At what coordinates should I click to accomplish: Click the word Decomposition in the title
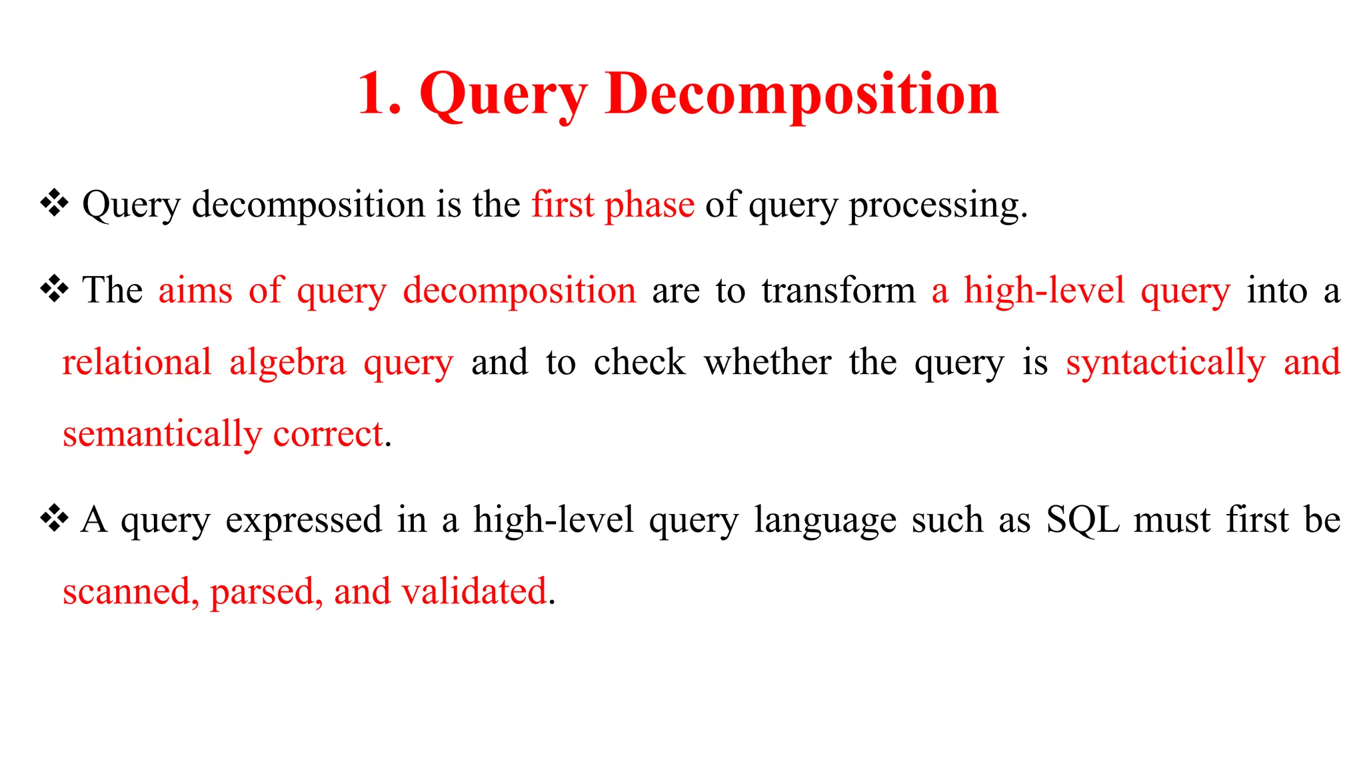[802, 94]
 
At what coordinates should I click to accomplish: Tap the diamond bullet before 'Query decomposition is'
[55, 203]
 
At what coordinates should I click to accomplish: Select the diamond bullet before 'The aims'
[55, 289]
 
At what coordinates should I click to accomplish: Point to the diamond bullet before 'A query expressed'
[55, 519]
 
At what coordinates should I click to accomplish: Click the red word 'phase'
[649, 205]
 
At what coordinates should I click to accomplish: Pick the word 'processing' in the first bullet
[933, 205]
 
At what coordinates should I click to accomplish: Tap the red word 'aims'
[195, 291]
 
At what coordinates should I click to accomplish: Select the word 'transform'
[838, 291]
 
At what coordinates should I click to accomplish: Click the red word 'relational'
[137, 363]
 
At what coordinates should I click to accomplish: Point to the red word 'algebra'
[287, 363]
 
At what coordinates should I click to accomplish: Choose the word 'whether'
[767, 363]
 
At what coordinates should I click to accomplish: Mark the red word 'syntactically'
[1165, 363]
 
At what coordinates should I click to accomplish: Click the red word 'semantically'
[162, 435]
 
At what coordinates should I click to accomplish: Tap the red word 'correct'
[328, 435]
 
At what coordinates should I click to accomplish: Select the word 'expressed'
[303, 520]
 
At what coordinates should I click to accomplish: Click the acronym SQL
[1082, 520]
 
